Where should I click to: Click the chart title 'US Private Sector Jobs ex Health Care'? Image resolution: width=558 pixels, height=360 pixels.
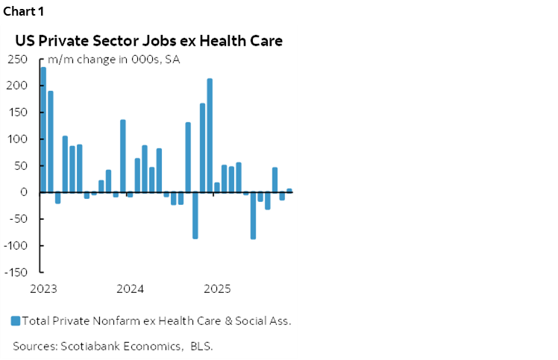(x=148, y=41)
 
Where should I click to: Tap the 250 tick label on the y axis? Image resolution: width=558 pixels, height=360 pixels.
(x=19, y=60)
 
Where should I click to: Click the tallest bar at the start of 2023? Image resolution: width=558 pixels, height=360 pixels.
(x=43, y=130)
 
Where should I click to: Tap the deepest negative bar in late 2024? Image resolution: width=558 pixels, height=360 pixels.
(x=195, y=215)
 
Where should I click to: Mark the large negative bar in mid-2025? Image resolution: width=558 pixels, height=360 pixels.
(x=253, y=215)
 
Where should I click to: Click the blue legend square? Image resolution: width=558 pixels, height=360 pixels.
(x=16, y=321)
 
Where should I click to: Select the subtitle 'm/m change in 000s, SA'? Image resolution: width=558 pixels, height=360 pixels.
(x=113, y=60)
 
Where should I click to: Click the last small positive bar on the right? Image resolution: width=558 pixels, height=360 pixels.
(x=289, y=190)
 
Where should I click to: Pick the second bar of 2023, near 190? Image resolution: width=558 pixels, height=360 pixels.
(x=51, y=142)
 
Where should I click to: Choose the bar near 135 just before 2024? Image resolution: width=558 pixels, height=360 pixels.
(x=123, y=156)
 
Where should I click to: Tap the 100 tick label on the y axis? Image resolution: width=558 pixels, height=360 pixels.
(x=19, y=139)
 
